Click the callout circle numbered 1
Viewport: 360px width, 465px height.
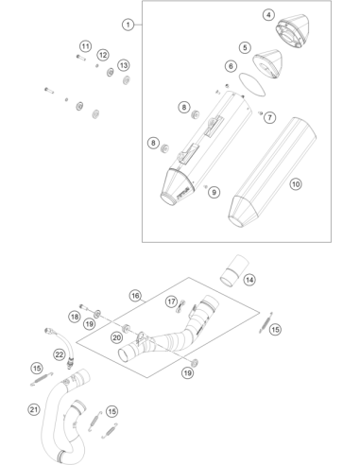(128, 25)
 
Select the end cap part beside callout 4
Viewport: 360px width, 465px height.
(292, 31)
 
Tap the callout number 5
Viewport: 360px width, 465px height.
(245, 47)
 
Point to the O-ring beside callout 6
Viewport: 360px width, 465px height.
(252, 84)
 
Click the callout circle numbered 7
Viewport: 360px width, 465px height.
(269, 117)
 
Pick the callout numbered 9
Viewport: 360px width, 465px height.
(214, 192)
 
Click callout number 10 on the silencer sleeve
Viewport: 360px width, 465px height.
(296, 184)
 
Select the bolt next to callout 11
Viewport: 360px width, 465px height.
(80, 58)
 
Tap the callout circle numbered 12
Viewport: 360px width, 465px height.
(103, 55)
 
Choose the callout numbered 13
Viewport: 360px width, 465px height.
(124, 65)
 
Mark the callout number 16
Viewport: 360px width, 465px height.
(135, 296)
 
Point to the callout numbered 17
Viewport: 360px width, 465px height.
(171, 301)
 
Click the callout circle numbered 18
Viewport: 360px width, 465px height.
(75, 317)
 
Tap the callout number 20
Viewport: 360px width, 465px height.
(116, 338)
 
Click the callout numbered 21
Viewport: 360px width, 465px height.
(34, 409)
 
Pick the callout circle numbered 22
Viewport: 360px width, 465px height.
(60, 355)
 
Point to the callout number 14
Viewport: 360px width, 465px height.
(249, 280)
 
